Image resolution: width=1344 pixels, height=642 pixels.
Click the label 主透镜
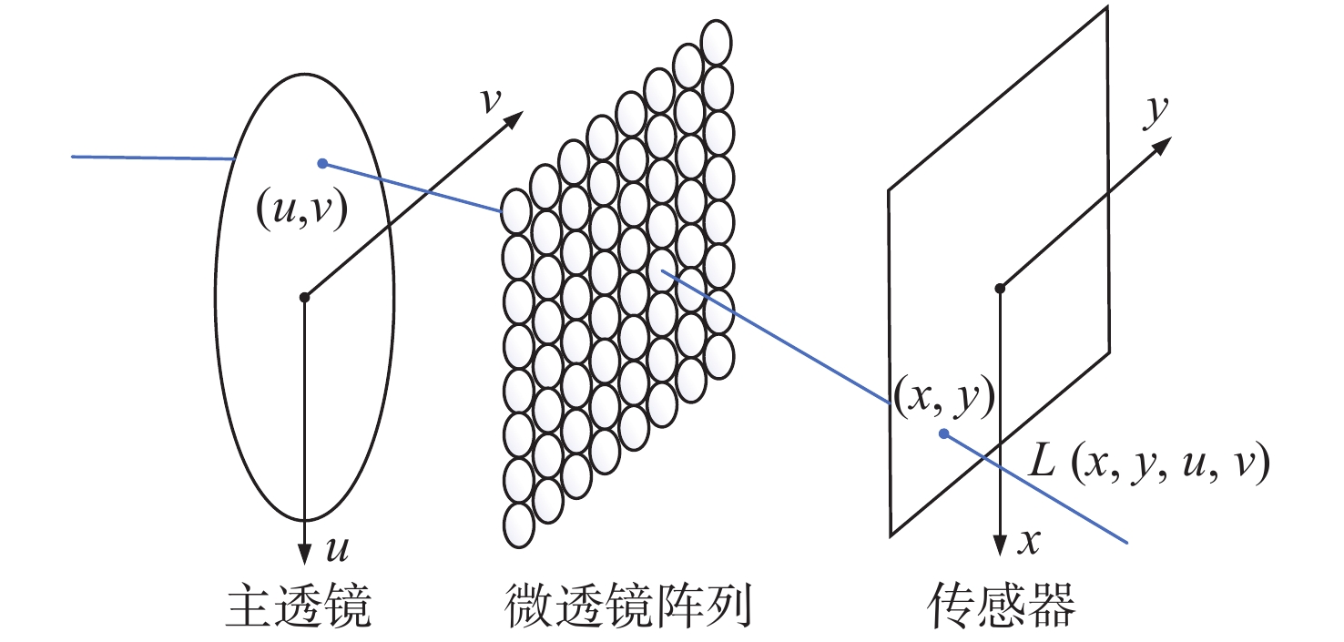click(299, 606)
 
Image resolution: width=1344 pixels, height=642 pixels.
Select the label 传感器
click(1002, 606)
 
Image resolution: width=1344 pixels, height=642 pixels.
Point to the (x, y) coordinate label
click(942, 398)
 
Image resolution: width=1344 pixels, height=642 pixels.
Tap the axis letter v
click(492, 99)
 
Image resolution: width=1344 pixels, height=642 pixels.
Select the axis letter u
click(336, 548)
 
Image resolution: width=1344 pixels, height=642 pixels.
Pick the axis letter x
click(1030, 543)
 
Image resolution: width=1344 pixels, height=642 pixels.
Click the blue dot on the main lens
click(321, 163)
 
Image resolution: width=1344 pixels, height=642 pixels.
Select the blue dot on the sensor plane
click(944, 433)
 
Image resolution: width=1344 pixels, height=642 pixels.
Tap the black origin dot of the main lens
click(305, 296)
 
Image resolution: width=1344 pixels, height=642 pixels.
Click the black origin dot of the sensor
click(1000, 289)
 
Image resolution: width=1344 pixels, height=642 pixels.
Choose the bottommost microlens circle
click(518, 525)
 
